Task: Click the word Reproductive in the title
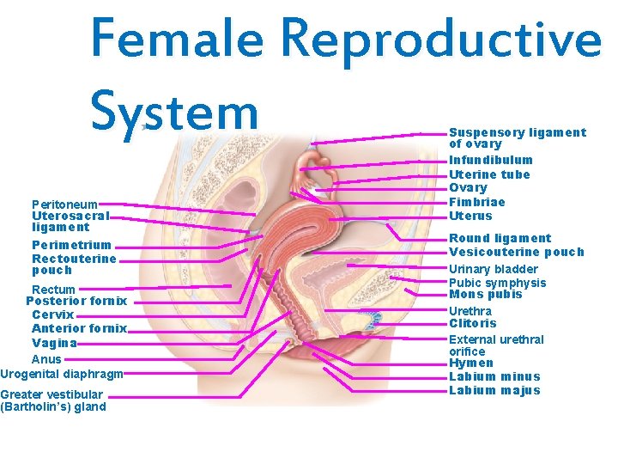440,38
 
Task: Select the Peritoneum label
64,205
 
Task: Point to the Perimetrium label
71,245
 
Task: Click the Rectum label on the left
53,290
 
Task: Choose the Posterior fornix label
76,301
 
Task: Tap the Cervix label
52,314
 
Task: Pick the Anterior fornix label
79,328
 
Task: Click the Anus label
46,359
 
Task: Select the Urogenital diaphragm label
62,374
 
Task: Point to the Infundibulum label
491,160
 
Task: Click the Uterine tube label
490,174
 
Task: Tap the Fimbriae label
477,202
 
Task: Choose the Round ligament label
500,238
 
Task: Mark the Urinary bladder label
494,269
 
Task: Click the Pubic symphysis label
498,283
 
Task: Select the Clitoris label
473,323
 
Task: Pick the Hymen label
471,363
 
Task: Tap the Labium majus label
495,390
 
